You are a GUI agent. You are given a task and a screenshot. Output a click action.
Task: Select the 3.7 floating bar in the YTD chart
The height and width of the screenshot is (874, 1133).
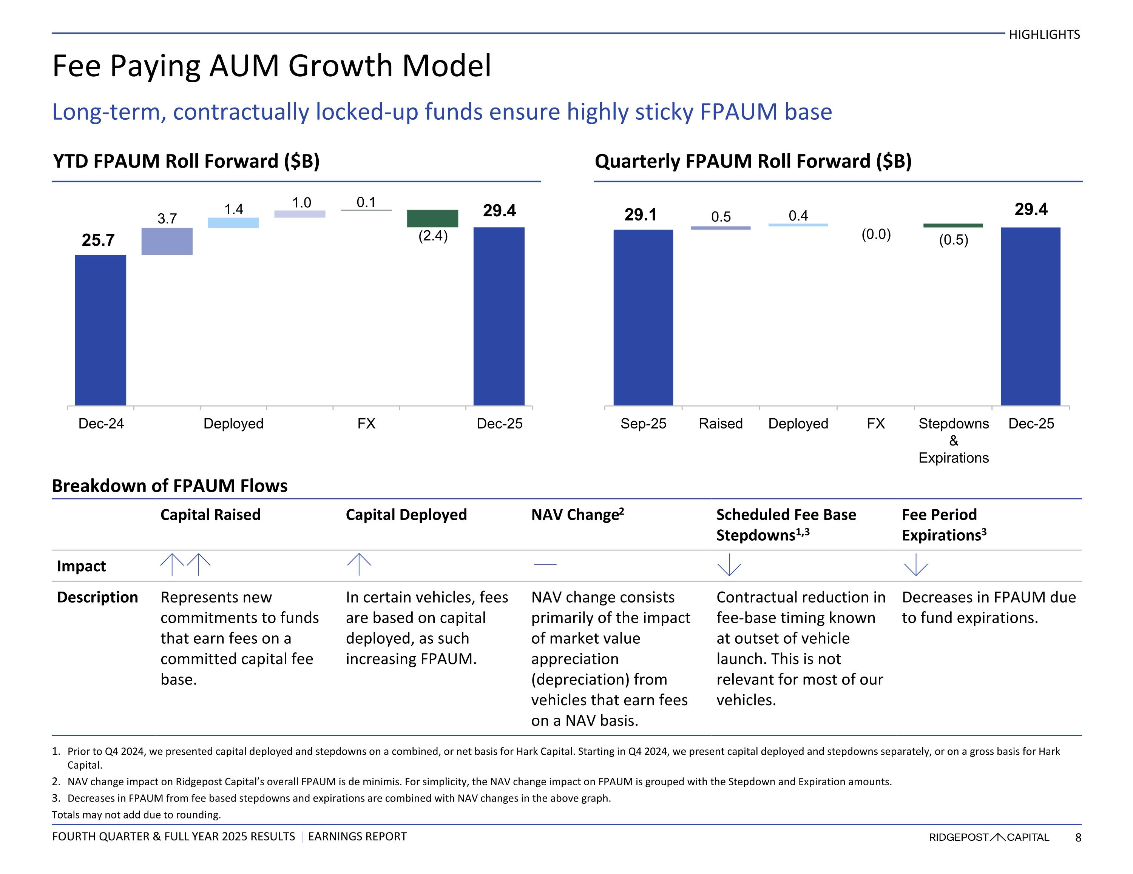[x=167, y=241]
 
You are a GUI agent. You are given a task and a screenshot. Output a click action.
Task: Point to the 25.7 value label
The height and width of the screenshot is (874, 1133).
[x=98, y=240]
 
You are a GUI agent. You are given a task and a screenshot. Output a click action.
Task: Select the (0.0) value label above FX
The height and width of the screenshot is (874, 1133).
[x=876, y=234]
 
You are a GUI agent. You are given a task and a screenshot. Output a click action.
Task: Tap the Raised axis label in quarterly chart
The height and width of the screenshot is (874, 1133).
[x=721, y=424]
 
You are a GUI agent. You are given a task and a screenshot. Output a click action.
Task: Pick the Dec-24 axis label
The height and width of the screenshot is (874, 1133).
[x=101, y=424]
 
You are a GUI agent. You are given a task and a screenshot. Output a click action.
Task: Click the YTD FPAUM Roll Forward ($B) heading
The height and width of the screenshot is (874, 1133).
[x=186, y=161]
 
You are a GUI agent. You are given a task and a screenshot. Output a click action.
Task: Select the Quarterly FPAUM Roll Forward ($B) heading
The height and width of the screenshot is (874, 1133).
[x=753, y=161]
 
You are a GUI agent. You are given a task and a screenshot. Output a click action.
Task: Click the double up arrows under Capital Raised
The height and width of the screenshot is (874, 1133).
[x=185, y=565]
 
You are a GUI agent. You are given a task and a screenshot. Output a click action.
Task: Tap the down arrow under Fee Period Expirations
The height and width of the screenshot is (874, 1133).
[x=915, y=565]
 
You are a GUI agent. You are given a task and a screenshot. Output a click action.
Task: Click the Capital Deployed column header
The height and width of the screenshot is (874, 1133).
[x=406, y=515]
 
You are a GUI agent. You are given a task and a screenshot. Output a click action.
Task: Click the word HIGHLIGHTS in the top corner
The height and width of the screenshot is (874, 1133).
[x=1044, y=35]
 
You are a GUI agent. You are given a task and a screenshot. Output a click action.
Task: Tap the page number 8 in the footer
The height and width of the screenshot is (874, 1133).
[x=1078, y=837]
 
